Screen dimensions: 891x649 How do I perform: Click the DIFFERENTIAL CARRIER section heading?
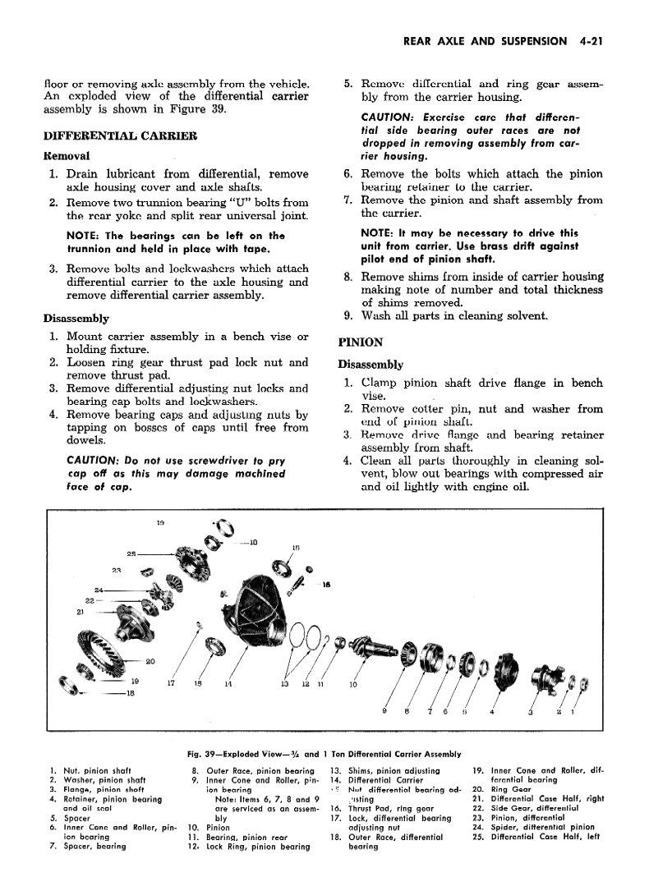coord(120,135)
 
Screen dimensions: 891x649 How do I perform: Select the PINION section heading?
coord(361,342)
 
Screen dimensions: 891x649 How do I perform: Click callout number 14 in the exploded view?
coord(227,683)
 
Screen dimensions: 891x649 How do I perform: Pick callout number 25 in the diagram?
coord(131,553)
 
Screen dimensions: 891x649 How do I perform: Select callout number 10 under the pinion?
coord(353,683)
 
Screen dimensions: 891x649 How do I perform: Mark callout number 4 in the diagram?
coord(491,710)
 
